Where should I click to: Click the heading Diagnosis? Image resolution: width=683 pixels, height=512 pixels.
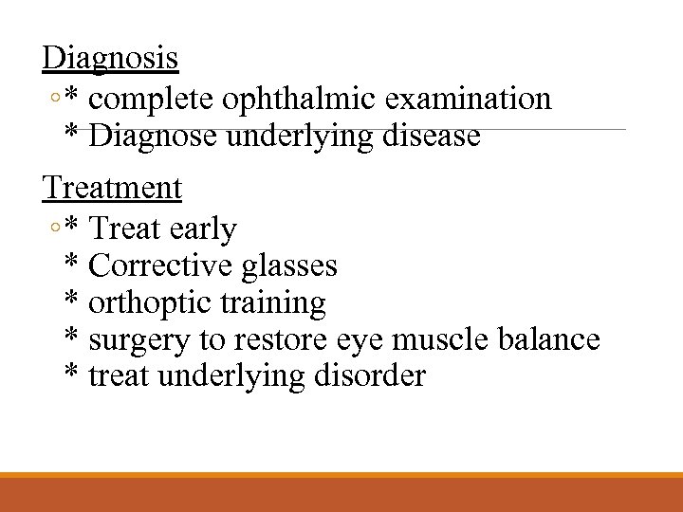click(110, 58)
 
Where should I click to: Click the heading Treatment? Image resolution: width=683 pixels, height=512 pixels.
click(112, 188)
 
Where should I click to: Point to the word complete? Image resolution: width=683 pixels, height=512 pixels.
click(157, 99)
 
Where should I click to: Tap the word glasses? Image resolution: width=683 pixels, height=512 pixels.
click(289, 265)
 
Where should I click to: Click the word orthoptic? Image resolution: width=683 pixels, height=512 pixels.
click(153, 303)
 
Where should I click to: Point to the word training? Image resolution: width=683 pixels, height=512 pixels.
click(275, 303)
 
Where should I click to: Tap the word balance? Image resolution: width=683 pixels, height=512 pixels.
click(552, 339)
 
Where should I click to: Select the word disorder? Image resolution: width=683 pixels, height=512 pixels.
click(373, 376)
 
